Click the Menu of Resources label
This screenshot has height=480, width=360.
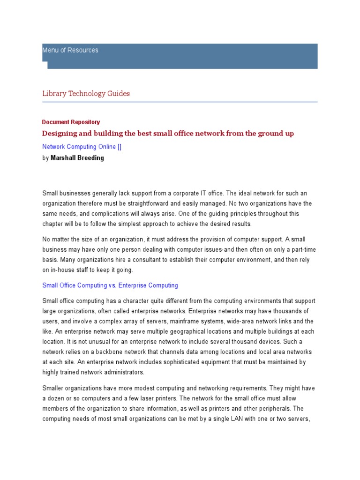(x=70, y=50)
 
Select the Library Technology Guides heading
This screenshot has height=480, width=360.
(x=86, y=93)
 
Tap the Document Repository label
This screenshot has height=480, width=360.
(x=71, y=122)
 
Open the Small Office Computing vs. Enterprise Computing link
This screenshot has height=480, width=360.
(x=110, y=285)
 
